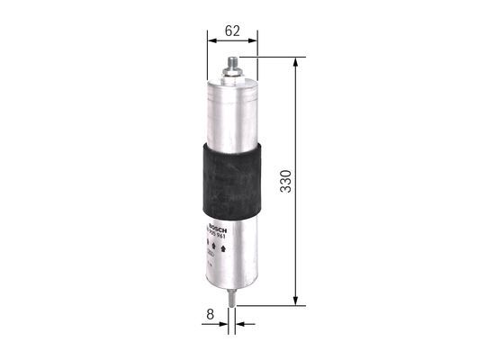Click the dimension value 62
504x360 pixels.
pyautogui.click(x=232, y=31)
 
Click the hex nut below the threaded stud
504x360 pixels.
pyautogui.click(x=232, y=76)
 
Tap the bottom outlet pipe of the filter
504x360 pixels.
pyautogui.click(x=234, y=297)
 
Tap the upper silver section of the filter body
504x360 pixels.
pyautogui.click(x=232, y=112)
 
